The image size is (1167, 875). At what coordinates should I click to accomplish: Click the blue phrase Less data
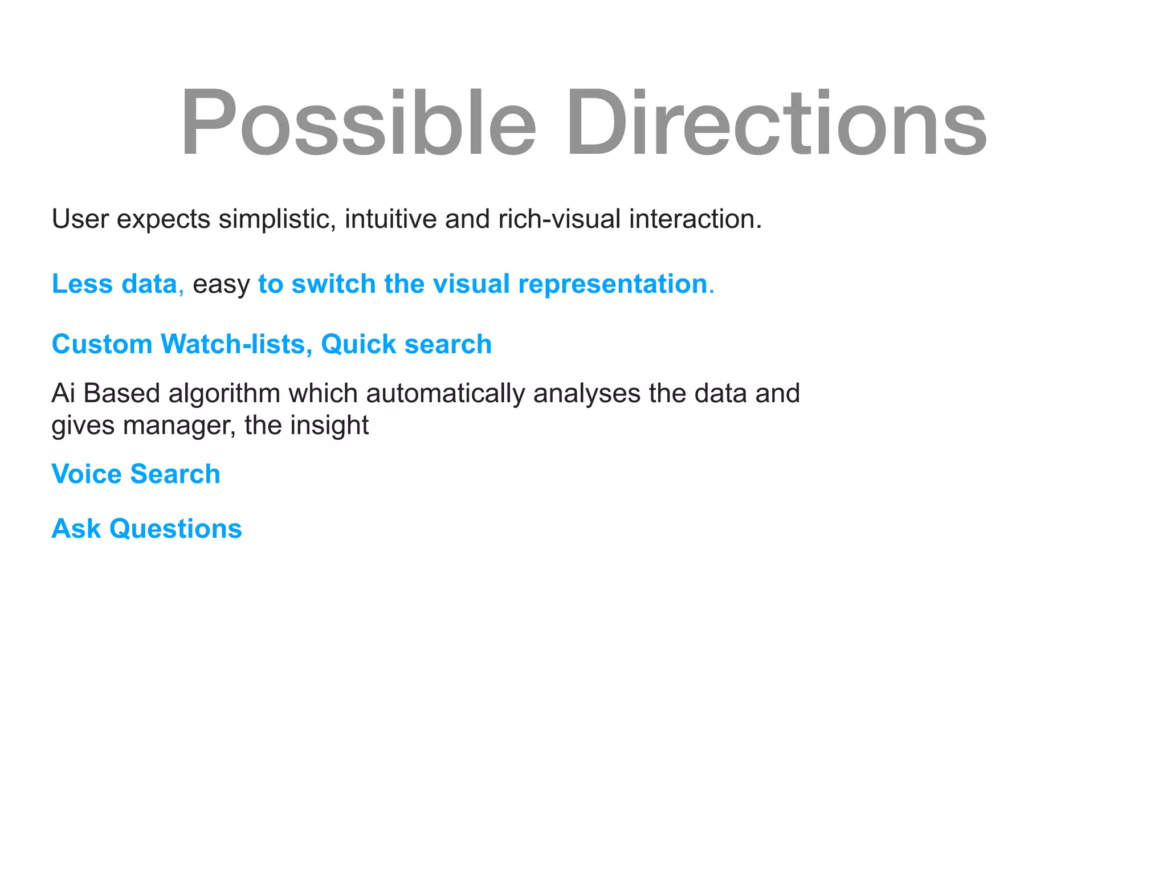[115, 284]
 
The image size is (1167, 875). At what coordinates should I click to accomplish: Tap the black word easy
[221, 284]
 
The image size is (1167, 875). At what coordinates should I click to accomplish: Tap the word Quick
[358, 344]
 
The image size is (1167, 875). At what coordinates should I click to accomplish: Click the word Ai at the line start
[63, 393]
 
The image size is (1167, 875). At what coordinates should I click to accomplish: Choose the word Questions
[176, 529]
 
